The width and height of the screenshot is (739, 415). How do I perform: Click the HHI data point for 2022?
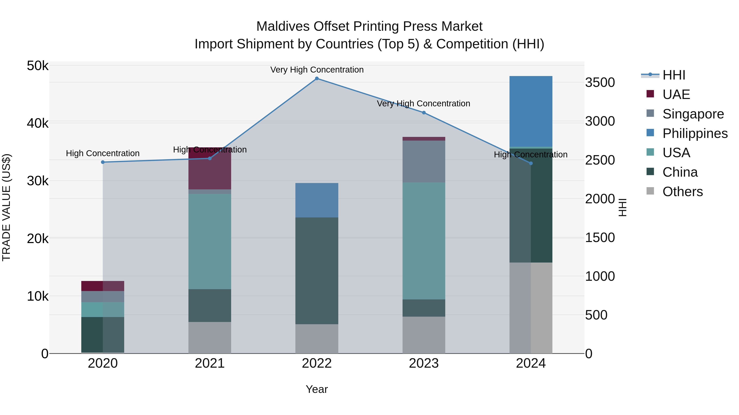coord(317,78)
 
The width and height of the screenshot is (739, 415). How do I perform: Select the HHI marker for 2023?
coord(424,113)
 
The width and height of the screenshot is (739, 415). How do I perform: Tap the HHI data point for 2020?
coord(103,162)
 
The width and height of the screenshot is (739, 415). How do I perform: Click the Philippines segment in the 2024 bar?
coord(531,111)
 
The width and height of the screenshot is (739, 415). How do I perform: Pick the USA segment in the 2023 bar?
coord(424,241)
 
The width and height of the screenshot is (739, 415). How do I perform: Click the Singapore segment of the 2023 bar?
coord(424,161)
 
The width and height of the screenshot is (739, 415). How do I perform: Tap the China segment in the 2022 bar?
coord(317,271)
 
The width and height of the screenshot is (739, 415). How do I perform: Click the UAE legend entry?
coord(676,94)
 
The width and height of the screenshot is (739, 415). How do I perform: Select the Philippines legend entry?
coord(694,133)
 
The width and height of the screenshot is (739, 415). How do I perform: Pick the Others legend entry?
coord(682,192)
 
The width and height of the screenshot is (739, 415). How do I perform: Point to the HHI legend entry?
coord(674,75)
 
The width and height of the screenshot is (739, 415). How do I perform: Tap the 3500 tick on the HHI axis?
coord(600,82)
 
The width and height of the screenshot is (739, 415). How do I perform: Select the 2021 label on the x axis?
coord(210,363)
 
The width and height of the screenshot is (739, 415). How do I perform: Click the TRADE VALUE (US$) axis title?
coord(6,207)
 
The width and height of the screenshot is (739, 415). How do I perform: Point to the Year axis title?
coord(317,389)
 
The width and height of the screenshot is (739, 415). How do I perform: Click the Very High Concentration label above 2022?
coord(317,70)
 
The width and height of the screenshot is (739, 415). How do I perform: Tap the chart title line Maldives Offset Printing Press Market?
coord(369,26)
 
